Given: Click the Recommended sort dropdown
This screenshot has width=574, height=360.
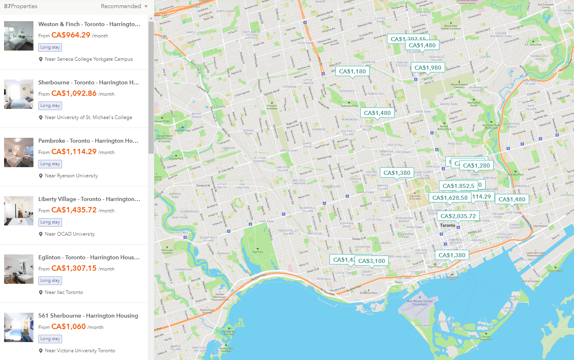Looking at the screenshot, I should [124, 6].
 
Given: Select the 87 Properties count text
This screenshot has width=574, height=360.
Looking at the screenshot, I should [20, 6].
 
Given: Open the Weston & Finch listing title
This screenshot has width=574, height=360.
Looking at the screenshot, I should [89, 24].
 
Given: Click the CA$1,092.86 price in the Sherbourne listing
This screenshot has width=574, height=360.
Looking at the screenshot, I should [74, 93].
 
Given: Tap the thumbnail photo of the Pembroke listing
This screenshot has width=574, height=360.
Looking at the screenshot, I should [19, 152].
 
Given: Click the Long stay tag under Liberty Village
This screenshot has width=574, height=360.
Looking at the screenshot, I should [50, 222].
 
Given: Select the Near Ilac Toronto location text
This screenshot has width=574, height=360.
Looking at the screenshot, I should [64, 292].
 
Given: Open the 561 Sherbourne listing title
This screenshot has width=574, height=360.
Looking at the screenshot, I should [88, 316].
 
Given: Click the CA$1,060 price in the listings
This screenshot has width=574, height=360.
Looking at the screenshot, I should [69, 327].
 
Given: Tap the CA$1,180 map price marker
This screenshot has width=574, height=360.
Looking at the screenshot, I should [352, 71].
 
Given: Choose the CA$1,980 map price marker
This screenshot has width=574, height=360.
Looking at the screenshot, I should [428, 68].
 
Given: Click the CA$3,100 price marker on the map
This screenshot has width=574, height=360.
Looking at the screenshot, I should [372, 261].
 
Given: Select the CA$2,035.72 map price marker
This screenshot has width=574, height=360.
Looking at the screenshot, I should [458, 216].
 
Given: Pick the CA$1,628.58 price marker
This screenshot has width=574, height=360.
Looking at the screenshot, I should [450, 198].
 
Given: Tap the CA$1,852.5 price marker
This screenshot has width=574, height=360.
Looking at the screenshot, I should [458, 186].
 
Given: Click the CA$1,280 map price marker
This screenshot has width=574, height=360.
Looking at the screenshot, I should [476, 166].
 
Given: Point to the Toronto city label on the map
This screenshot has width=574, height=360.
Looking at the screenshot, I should [448, 225].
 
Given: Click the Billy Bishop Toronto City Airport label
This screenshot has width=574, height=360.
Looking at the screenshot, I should [420, 303].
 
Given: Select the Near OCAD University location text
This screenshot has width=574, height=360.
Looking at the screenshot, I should [70, 234].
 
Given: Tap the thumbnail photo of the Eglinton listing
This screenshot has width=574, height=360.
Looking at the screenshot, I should [19, 269].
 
